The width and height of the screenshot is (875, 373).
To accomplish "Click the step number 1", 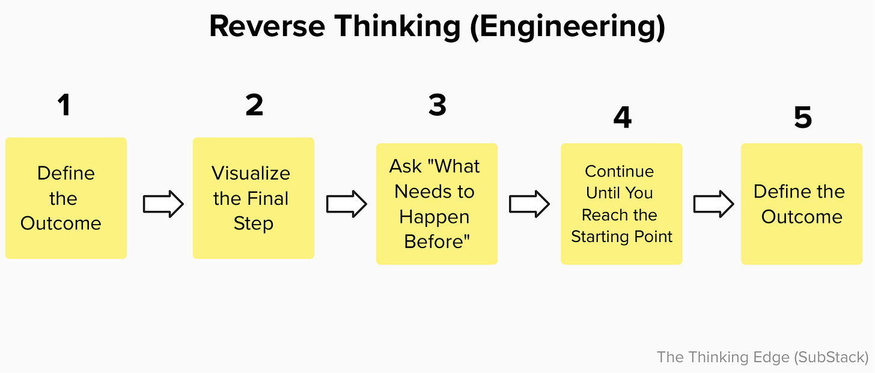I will coord(63,105).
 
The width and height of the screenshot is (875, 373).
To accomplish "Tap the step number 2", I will coord(254,105).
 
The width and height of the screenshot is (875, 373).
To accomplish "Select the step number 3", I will coord(437,105).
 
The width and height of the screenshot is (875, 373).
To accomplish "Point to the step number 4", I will coord(622,118).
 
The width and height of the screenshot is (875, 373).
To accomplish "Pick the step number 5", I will coord(803,118).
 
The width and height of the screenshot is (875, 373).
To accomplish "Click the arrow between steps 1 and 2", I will coord(163,204).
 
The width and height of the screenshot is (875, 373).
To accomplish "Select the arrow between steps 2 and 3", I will coord(346,204).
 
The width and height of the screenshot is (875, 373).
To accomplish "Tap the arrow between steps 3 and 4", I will coord(529,204).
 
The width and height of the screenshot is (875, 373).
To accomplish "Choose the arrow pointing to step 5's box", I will coord(713,204).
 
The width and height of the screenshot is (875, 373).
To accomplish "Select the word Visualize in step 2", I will coord(251,174).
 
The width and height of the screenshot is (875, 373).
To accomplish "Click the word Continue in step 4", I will coord(619,171).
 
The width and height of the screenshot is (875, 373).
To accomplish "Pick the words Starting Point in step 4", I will coord(621,237).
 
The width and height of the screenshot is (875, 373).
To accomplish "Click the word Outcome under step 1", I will coord(61,223).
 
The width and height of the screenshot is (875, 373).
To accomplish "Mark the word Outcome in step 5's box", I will coord(802,217).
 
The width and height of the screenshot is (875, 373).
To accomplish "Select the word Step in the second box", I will coord(253,223).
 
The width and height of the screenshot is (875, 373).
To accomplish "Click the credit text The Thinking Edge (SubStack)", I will coord(762,357).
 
